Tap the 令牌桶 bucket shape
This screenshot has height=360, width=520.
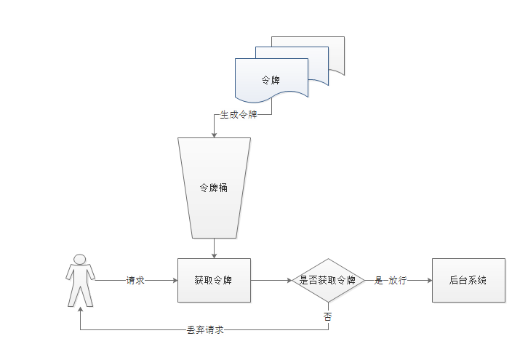coord(215,188)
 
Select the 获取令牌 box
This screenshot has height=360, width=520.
coord(215,280)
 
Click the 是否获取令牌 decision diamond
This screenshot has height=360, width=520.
coord(327,280)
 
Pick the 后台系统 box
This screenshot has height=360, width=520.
coord(468,280)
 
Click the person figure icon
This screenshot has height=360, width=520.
coord(80,280)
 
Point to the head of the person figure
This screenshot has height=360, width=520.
coord(80,260)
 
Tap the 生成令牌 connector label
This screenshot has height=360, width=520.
coord(239,115)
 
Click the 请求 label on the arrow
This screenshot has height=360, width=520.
coord(135,280)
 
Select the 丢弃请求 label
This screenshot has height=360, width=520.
coord(204,329)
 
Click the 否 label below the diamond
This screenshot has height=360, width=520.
coord(327,316)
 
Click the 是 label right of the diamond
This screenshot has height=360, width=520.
coord(378,280)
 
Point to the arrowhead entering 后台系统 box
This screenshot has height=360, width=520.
coord(428,280)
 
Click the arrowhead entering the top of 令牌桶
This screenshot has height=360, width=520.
coord(215,135)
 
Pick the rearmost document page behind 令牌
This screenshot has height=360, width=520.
coord(335,55)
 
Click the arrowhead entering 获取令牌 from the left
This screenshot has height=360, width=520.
coord(175,280)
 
